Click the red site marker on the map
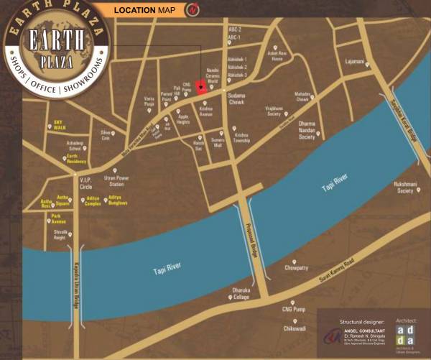coord(202,88)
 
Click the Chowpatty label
coord(296,267)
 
